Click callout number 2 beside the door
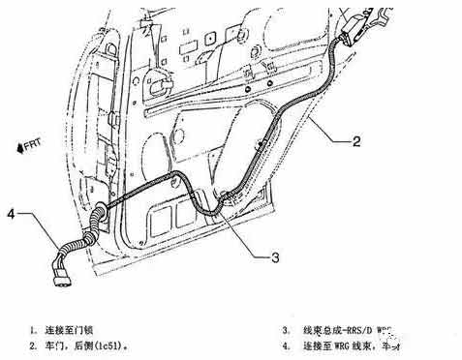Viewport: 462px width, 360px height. (356, 142)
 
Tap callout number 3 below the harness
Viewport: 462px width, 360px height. (275, 256)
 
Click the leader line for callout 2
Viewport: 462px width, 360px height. (324, 135)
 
